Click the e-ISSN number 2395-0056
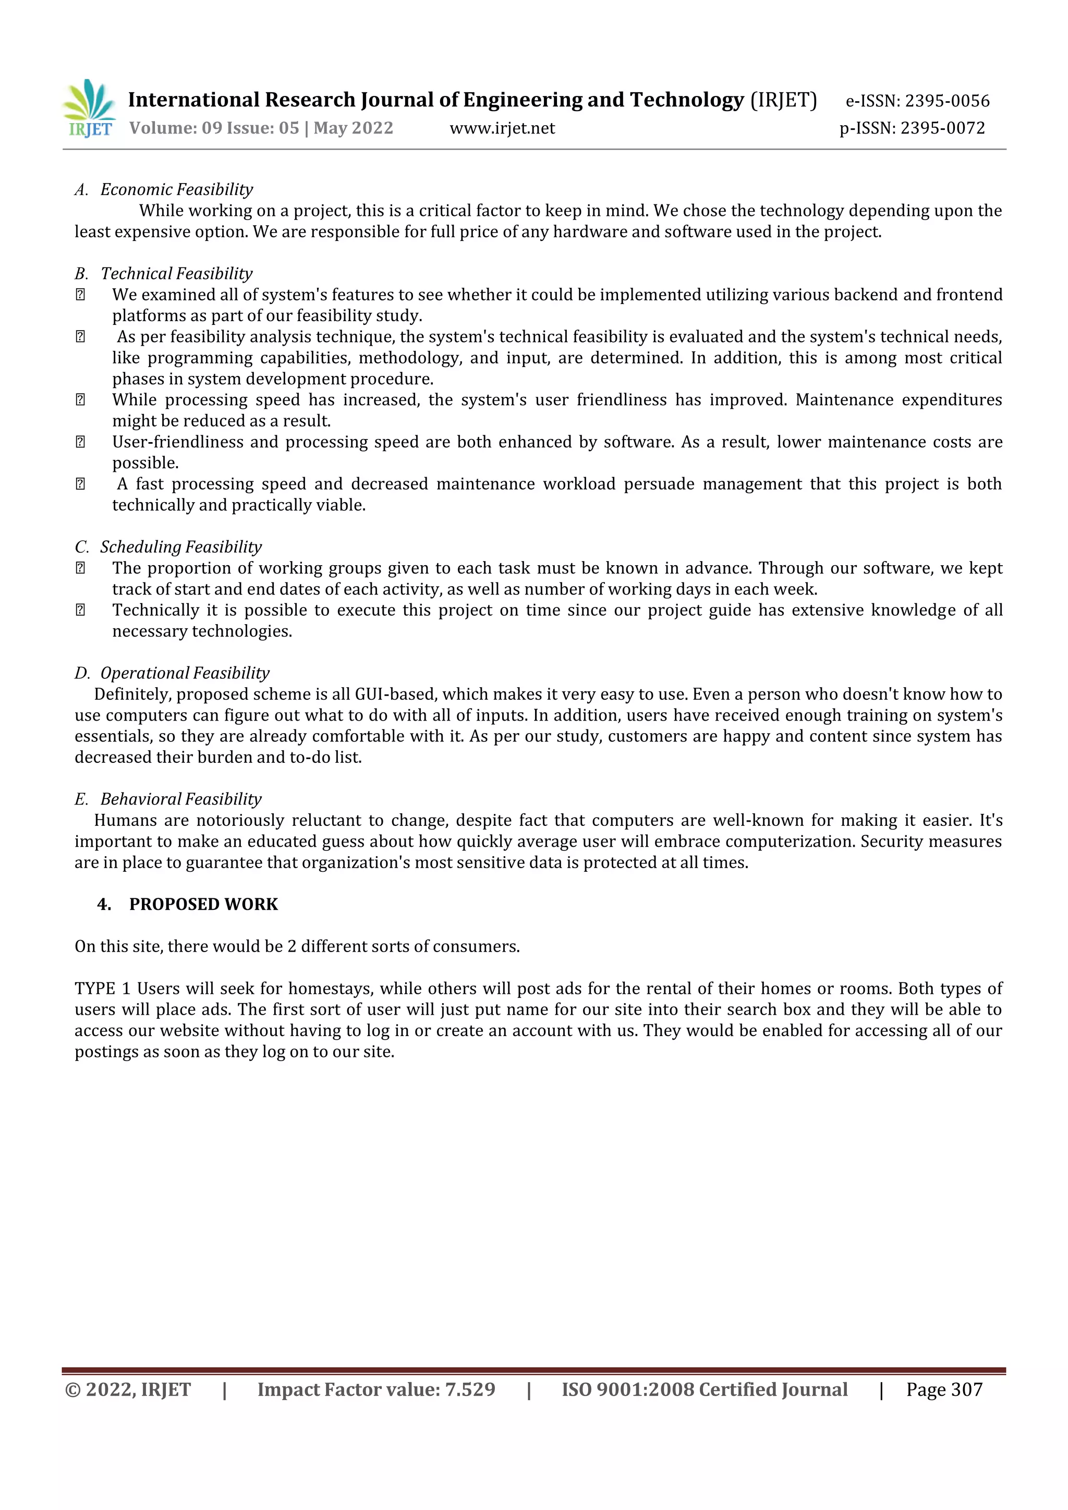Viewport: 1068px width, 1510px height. [x=947, y=101]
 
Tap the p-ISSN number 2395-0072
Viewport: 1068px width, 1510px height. [x=942, y=128]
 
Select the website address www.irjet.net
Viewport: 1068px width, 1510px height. [x=502, y=128]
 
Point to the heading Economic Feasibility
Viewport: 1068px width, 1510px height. [x=176, y=189]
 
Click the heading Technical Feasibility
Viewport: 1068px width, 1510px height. [x=176, y=274]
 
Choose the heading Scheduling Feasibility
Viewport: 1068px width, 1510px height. [x=180, y=547]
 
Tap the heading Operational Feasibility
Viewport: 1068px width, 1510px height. [x=185, y=674]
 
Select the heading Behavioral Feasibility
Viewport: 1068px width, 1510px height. [x=181, y=800]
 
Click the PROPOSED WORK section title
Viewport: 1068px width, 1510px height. [x=203, y=904]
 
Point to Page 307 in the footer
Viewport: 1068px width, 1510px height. [x=944, y=1390]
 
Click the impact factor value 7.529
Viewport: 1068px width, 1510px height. [x=469, y=1390]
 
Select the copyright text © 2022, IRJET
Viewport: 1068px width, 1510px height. [x=128, y=1390]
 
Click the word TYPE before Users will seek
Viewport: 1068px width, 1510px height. [x=95, y=989]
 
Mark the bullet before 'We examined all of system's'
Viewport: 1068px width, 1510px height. [x=80, y=295]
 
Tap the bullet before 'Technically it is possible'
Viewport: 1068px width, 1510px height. [x=80, y=611]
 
